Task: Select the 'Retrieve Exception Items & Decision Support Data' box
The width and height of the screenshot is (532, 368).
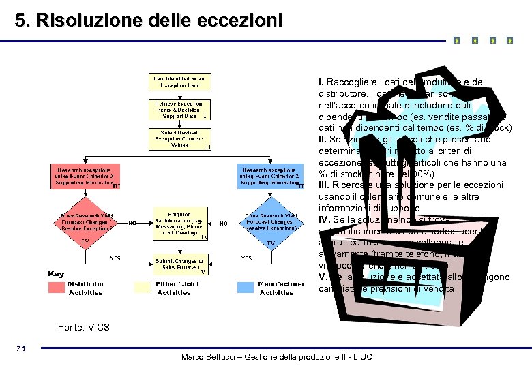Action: pyautogui.click(x=179, y=110)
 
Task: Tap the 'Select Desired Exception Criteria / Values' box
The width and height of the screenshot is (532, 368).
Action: pyautogui.click(x=179, y=138)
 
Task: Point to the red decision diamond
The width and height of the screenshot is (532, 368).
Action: pyautogui.click(x=85, y=222)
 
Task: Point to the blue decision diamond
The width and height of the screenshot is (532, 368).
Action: pyautogui.click(x=271, y=222)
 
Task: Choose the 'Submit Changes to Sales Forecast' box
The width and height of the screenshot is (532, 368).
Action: pyautogui.click(x=179, y=264)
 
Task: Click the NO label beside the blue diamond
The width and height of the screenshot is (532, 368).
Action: pyautogui.click(x=224, y=223)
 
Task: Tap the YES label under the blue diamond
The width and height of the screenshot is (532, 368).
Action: pyautogui.click(x=246, y=258)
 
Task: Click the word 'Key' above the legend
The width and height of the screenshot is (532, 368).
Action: pyautogui.click(x=56, y=274)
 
